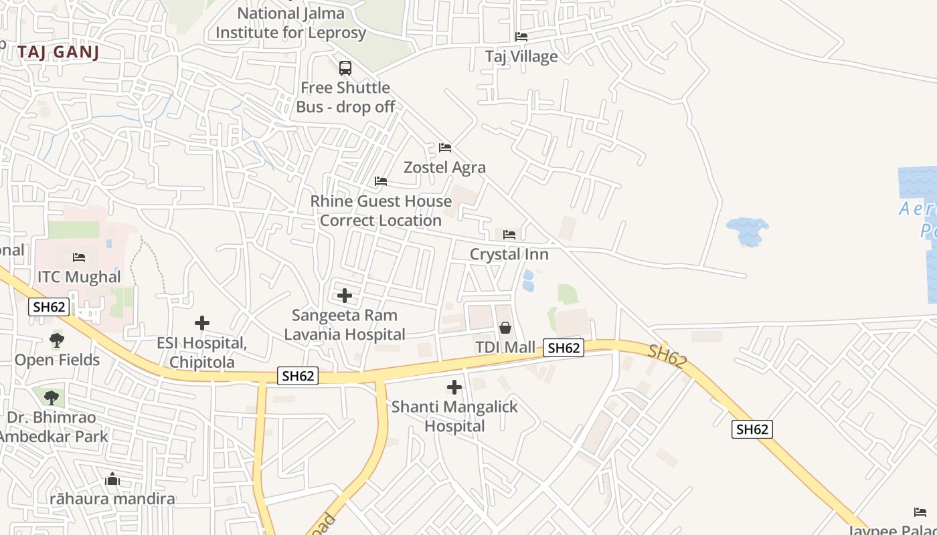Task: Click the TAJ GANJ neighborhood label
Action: coord(59,52)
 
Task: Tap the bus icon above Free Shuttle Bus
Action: coord(345,68)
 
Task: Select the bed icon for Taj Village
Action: coord(521,37)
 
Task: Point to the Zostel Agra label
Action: coord(444,167)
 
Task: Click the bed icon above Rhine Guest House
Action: coord(381,181)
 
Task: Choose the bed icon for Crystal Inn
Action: coord(509,235)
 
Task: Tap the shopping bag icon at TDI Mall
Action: coord(505,328)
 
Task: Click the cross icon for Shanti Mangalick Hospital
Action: coord(454,387)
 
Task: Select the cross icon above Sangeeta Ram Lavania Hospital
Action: coord(345,296)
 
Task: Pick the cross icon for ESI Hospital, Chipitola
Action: coord(202,324)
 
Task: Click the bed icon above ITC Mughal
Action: coord(79,257)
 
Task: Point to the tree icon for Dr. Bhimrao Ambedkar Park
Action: coord(52,398)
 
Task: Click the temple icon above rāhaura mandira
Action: coord(112,479)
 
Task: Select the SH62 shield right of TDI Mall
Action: coord(564,348)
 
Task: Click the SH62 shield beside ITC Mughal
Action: coord(49,307)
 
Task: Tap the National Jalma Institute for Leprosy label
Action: coord(290,23)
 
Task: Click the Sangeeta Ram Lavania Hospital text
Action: coord(345,324)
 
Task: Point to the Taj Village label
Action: coord(521,57)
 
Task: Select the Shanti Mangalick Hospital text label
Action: coord(454,416)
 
